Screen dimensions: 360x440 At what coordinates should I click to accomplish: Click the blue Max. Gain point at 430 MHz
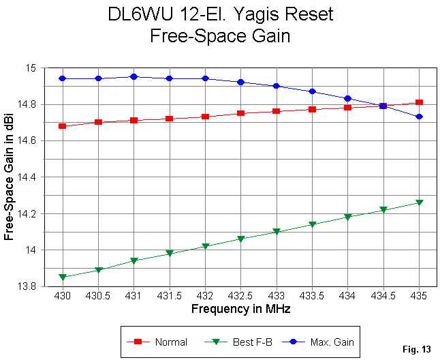[63, 78]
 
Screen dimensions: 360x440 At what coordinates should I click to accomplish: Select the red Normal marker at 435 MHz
[420, 102]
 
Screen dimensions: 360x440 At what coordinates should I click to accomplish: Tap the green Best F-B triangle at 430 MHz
[63, 277]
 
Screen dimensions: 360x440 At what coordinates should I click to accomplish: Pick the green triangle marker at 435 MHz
[420, 203]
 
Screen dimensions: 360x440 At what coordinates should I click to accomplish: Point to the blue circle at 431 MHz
[134, 77]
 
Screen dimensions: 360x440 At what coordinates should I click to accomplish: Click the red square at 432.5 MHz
[241, 113]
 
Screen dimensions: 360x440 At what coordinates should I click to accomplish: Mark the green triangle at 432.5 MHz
[241, 239]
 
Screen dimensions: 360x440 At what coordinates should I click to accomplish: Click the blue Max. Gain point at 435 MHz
[420, 117]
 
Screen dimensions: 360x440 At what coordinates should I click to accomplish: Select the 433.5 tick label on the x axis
[313, 299]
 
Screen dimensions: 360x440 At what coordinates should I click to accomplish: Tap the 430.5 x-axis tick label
[98, 299]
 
